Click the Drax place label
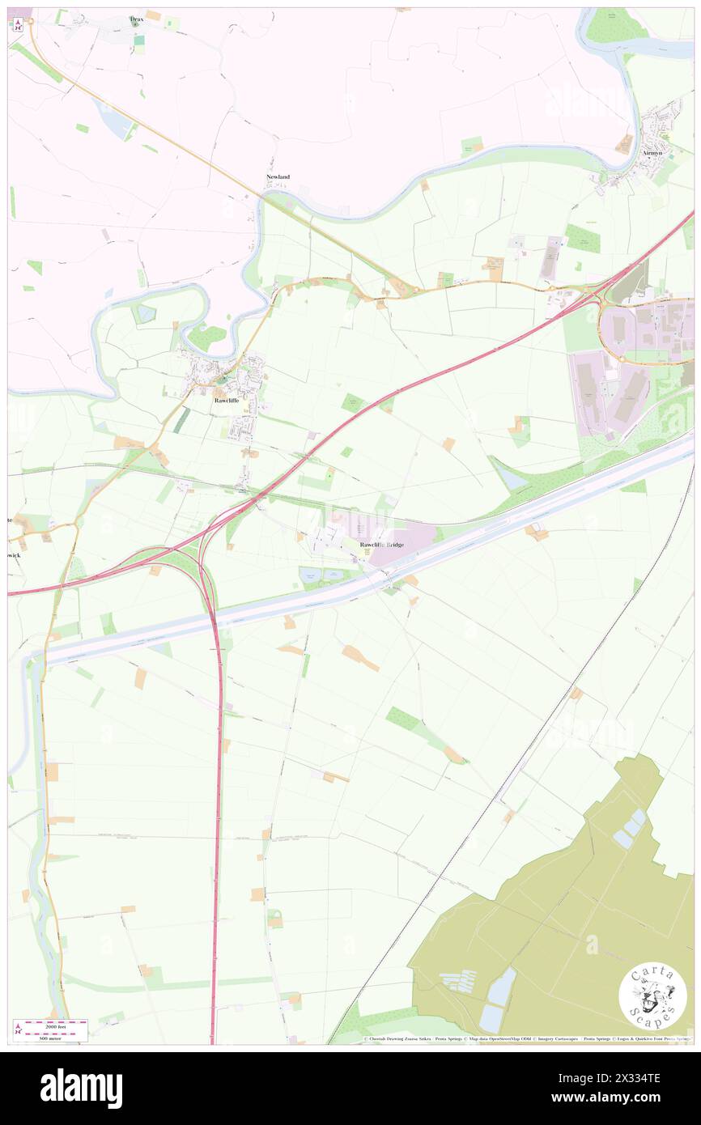(x=136, y=18)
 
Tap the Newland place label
(x=278, y=176)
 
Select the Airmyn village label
(x=652, y=152)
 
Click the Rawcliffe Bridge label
(x=381, y=546)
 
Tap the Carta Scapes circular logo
(x=652, y=997)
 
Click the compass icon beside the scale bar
(x=18, y=1028)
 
